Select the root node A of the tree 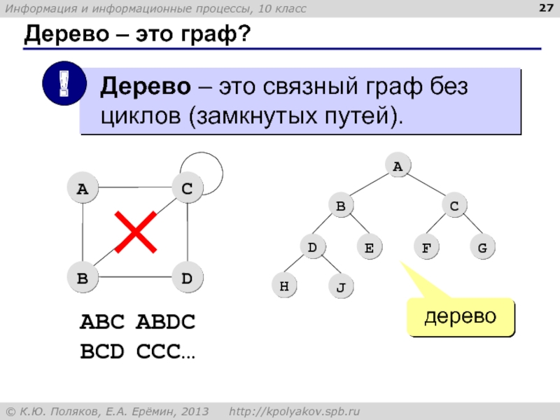397,167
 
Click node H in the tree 283,286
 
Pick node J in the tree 341,288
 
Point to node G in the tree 482,247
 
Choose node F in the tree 426,247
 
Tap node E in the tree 368,247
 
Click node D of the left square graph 187,279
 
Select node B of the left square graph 83,279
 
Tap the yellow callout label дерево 461,316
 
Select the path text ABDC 165,323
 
